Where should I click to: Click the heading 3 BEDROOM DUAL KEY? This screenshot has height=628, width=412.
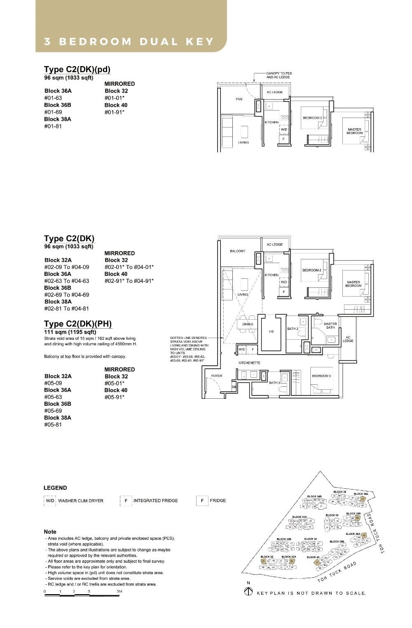click(x=129, y=42)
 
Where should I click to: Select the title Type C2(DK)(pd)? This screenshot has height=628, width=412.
click(x=77, y=69)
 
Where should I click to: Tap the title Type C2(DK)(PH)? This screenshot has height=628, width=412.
click(x=78, y=324)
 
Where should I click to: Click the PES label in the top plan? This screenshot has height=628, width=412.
click(x=239, y=99)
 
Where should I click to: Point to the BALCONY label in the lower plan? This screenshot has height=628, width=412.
click(x=237, y=251)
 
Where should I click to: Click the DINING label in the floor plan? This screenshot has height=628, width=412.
click(x=248, y=324)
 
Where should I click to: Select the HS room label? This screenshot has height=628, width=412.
click(x=272, y=332)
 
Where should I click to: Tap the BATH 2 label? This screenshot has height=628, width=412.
click(x=293, y=329)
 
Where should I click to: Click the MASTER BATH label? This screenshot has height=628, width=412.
click(x=330, y=326)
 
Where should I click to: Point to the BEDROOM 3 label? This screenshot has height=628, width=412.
click(x=321, y=376)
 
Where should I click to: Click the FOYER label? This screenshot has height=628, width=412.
click(x=217, y=376)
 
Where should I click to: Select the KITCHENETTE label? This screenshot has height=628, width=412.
click(x=249, y=363)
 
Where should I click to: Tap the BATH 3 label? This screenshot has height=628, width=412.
click(x=274, y=383)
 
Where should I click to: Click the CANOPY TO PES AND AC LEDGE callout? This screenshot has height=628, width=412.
click(x=279, y=75)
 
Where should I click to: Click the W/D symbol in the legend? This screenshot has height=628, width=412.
click(x=50, y=501)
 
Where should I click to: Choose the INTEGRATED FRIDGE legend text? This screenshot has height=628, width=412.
click(x=155, y=501)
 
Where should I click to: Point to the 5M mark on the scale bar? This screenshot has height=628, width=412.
click(x=119, y=591)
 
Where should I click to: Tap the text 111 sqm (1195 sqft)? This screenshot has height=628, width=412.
click(x=70, y=332)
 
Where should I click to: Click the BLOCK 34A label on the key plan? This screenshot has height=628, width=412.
click(x=299, y=517)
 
